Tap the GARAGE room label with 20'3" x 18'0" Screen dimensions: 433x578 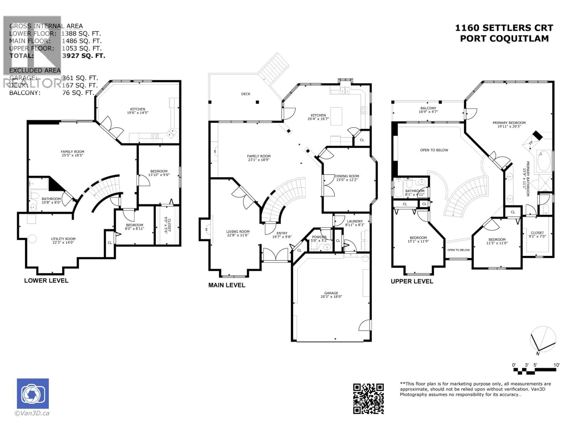click(331, 295)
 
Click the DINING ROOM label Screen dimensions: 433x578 click(347, 178)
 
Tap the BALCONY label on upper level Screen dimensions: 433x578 click(428, 110)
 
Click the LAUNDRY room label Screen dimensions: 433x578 click(355, 223)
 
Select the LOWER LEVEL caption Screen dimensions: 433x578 click(46, 281)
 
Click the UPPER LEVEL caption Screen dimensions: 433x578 click(412, 281)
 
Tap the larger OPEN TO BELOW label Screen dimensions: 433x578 click(434, 150)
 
